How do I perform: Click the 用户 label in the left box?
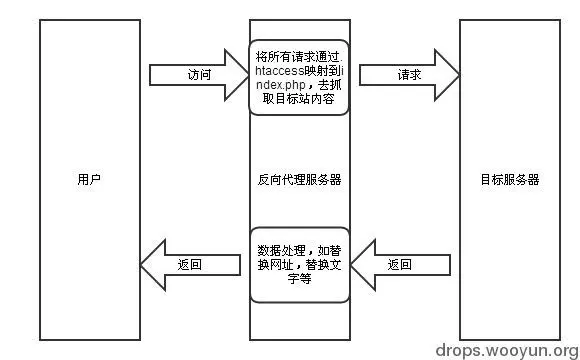click(x=89, y=180)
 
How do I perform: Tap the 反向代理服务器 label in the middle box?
click(x=299, y=180)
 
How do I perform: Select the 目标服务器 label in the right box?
click(x=510, y=180)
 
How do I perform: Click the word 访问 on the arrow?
click(x=199, y=76)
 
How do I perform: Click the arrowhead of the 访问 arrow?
click(x=237, y=76)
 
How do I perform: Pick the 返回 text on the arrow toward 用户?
click(x=190, y=265)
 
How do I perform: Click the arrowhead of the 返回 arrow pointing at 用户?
click(x=153, y=265)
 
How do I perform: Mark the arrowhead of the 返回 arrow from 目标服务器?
click(x=363, y=265)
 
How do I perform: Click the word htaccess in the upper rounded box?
click(x=281, y=71)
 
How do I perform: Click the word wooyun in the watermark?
click(x=512, y=349)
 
